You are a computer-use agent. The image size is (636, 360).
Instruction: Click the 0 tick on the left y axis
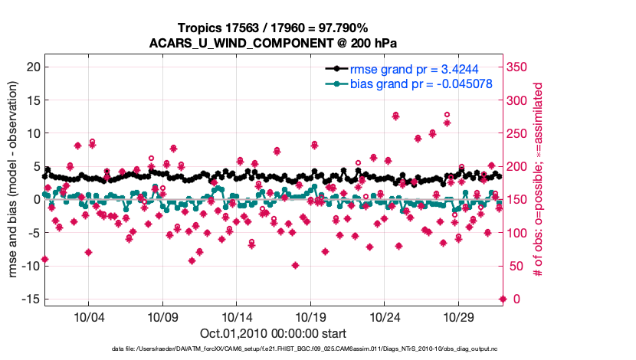click(x=34, y=199)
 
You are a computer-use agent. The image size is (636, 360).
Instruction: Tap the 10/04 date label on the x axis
click(x=88, y=316)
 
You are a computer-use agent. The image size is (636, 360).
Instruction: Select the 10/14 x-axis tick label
click(x=236, y=316)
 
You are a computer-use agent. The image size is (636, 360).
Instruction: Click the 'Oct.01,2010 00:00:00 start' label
click(x=273, y=333)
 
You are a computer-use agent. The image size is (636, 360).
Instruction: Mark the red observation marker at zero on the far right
click(x=503, y=299)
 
